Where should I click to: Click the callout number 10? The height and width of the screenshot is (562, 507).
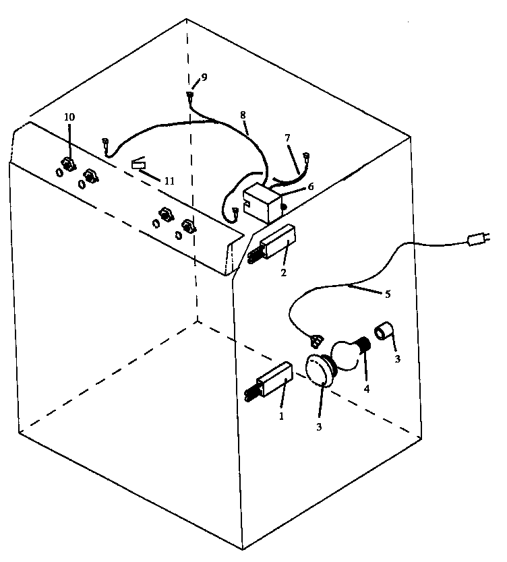tap(69, 117)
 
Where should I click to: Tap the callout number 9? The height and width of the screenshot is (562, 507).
tap(204, 77)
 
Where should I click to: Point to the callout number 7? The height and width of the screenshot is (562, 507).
tap(287, 137)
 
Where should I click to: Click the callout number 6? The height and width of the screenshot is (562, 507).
tap(310, 187)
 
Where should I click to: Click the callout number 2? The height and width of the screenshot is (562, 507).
tap(284, 272)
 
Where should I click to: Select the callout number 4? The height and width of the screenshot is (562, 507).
tap(367, 389)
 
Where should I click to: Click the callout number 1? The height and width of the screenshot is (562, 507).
tap(282, 416)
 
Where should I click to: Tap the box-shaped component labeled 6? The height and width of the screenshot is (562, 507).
tap(262, 203)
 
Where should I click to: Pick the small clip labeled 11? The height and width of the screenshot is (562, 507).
tap(139, 164)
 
